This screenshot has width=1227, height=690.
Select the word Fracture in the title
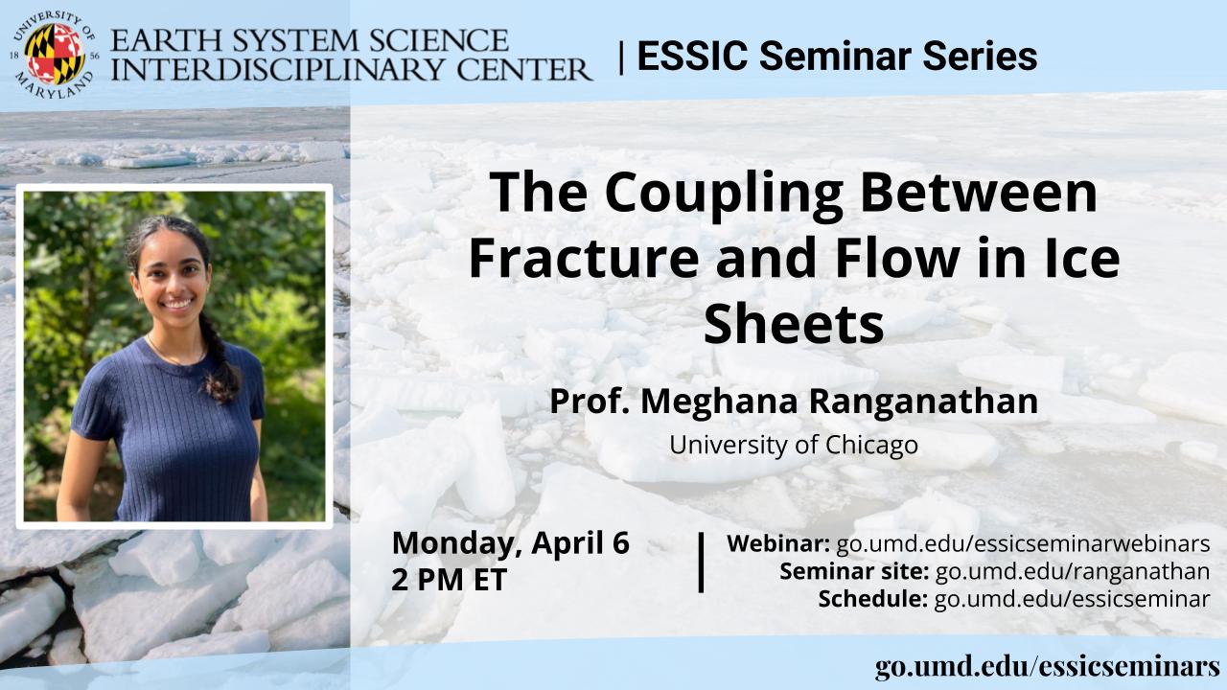pyautogui.click(x=584, y=259)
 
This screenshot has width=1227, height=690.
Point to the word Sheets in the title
pyautogui.click(x=794, y=324)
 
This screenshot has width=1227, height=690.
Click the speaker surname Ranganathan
pyautogui.click(x=923, y=402)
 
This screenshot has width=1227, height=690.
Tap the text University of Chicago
pyautogui.click(x=794, y=445)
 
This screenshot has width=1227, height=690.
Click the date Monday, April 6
pyautogui.click(x=511, y=543)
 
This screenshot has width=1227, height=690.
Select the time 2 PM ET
pyautogui.click(x=450, y=580)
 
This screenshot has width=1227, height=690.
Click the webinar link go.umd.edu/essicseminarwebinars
pyautogui.click(x=1023, y=543)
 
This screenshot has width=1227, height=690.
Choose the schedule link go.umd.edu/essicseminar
pyautogui.click(x=1072, y=599)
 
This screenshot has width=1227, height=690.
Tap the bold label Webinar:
pyautogui.click(x=777, y=543)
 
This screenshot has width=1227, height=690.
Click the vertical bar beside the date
pyautogui.click(x=701, y=563)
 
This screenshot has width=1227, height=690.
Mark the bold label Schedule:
pyautogui.click(x=872, y=599)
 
